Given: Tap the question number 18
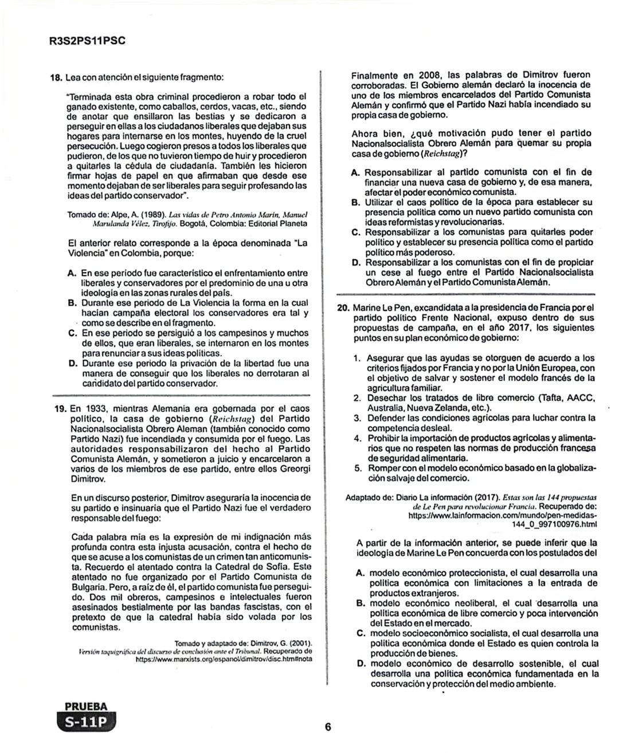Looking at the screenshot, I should coord(57,77).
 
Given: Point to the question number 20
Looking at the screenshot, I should coord(343,307).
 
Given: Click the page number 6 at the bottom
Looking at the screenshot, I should coord(328,727).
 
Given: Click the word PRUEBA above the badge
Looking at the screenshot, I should coord(86,707).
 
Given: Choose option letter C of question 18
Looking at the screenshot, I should coord(73,333).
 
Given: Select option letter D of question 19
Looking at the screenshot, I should coord(356,263).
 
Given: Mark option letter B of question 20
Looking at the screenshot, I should coord(361,603).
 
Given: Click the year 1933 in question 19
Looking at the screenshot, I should coord(97,409).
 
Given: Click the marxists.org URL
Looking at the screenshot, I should coord(224,659).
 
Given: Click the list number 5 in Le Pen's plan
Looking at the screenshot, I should coord(356,468).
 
